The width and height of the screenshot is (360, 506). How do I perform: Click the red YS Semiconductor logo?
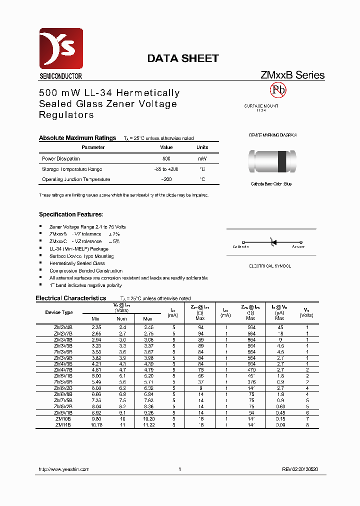click(61, 48)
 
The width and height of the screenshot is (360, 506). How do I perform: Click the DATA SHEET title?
click(182, 58)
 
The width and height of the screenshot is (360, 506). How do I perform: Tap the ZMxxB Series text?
click(292, 75)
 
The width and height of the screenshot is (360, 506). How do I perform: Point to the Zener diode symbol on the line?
click(273, 242)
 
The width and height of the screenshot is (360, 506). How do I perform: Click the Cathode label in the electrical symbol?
click(240, 246)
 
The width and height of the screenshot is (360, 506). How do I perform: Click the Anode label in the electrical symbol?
click(298, 246)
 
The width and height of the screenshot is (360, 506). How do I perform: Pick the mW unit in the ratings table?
click(202, 158)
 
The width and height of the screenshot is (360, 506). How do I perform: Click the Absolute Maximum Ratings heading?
click(77, 138)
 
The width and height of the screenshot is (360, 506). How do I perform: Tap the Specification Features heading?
click(71, 214)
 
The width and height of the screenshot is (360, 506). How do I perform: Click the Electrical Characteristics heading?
click(70, 298)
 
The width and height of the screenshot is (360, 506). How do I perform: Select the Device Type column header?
click(59, 312)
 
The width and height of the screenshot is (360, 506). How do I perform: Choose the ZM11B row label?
click(63, 424)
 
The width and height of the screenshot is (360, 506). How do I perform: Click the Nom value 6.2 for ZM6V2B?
click(122, 387)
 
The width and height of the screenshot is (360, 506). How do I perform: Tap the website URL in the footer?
click(64, 469)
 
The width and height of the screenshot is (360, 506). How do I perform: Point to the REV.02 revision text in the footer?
click(300, 469)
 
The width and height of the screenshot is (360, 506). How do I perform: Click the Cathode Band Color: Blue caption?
click(271, 184)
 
